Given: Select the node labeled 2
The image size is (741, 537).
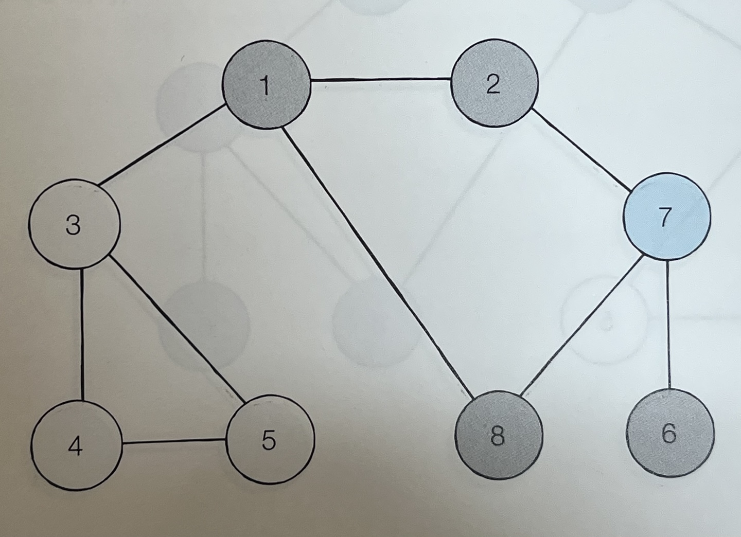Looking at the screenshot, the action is (494, 85).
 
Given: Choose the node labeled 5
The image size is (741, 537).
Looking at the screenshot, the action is (270, 439).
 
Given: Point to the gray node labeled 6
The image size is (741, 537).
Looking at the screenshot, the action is (670, 434).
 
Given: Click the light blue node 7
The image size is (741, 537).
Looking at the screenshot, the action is (666, 217).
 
